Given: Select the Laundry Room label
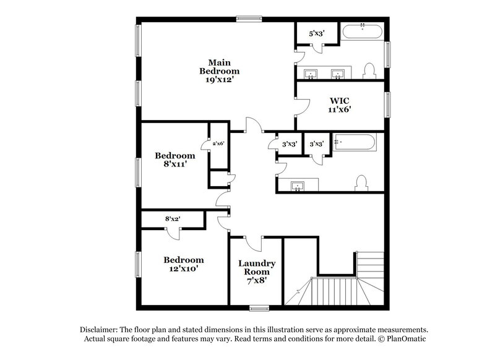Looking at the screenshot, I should click(x=257, y=272).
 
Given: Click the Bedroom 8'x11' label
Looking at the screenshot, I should click(x=175, y=160).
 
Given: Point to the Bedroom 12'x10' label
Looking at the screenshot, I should click(x=184, y=264).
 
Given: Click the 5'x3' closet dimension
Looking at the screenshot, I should click(x=317, y=34).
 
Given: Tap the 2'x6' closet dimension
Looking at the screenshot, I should click(x=218, y=144).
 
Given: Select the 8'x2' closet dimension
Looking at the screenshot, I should click(x=173, y=218).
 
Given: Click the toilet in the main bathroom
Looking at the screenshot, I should click(x=369, y=71).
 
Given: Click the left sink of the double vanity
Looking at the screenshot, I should click(x=311, y=74).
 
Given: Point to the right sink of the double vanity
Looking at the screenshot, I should click(x=338, y=74).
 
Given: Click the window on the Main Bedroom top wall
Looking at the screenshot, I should click(x=248, y=18).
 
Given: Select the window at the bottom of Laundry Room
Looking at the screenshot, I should click(x=259, y=307).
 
